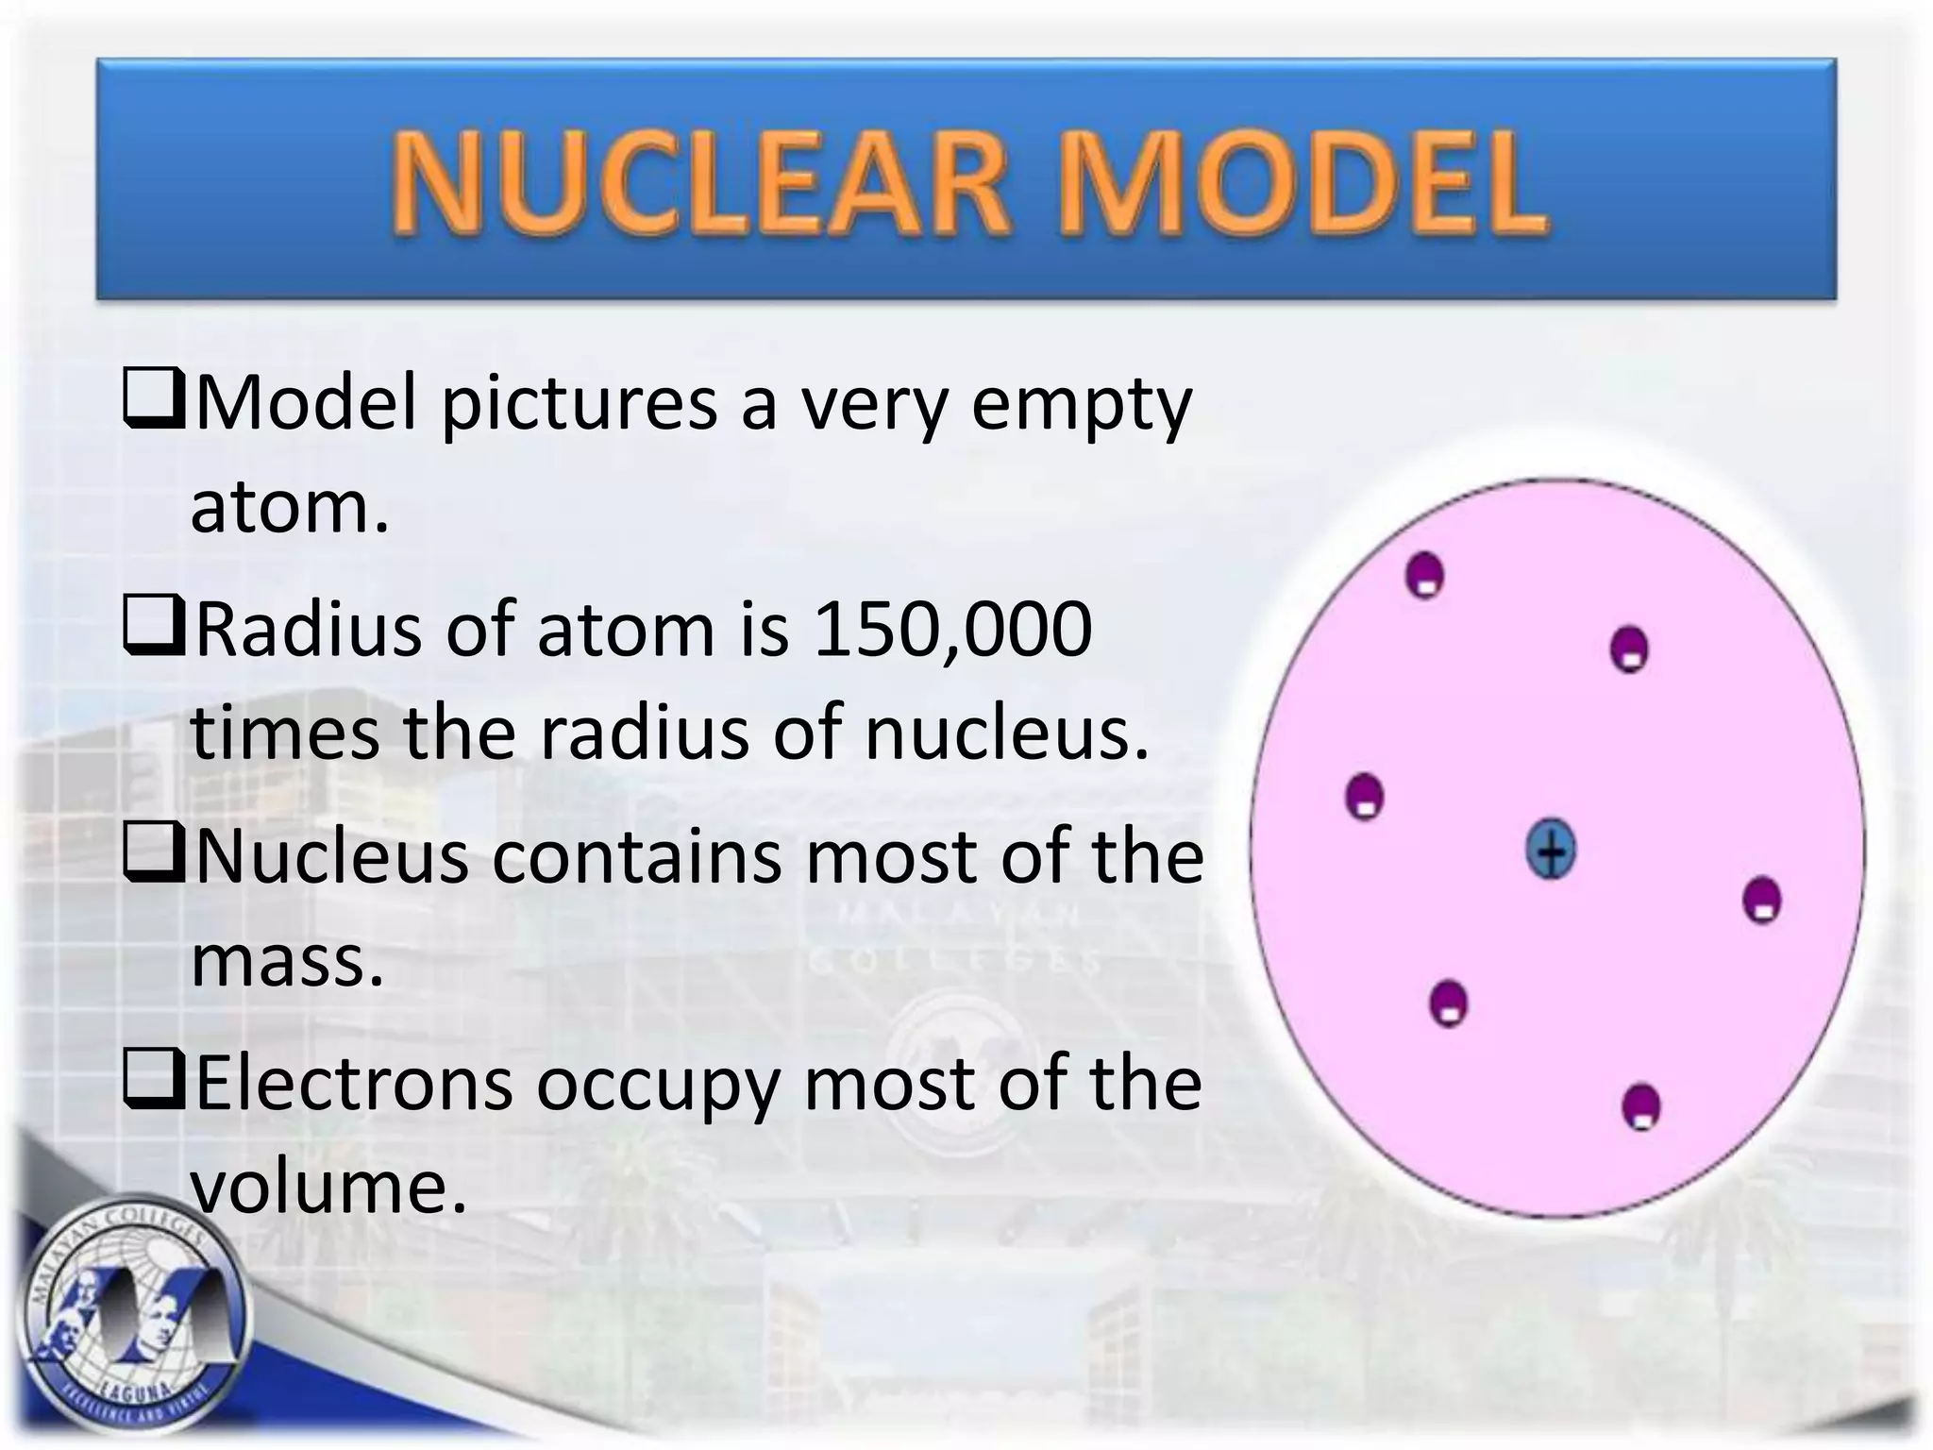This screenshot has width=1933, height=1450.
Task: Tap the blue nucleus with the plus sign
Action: click(1550, 850)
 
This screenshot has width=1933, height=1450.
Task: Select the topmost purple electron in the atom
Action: click(1425, 575)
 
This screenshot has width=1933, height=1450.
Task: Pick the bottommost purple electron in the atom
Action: click(1641, 1106)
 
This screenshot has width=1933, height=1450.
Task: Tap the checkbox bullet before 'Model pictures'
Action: click(153, 401)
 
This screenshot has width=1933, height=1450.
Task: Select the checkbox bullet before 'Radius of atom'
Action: click(153, 629)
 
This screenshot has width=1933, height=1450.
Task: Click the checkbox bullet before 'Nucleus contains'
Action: click(153, 855)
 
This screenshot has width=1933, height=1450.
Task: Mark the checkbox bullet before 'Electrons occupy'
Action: click(153, 1082)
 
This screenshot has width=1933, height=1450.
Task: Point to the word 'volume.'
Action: click(329, 1188)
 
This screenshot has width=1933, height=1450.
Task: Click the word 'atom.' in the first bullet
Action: click(290, 507)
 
